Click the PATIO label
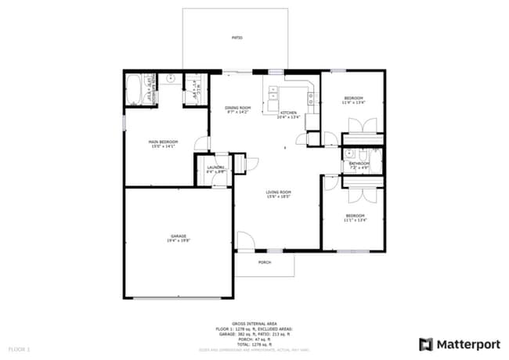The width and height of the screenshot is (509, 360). (236, 38)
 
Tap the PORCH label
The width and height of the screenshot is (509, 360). (265, 262)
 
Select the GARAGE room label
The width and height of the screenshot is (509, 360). (179, 236)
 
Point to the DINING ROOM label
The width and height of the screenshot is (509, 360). (236, 108)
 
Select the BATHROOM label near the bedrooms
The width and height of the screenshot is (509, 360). (359, 163)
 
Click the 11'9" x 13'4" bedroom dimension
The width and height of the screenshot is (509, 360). (353, 103)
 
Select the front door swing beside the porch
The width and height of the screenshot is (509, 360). (246, 241)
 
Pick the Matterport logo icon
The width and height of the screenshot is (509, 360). (426, 344)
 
